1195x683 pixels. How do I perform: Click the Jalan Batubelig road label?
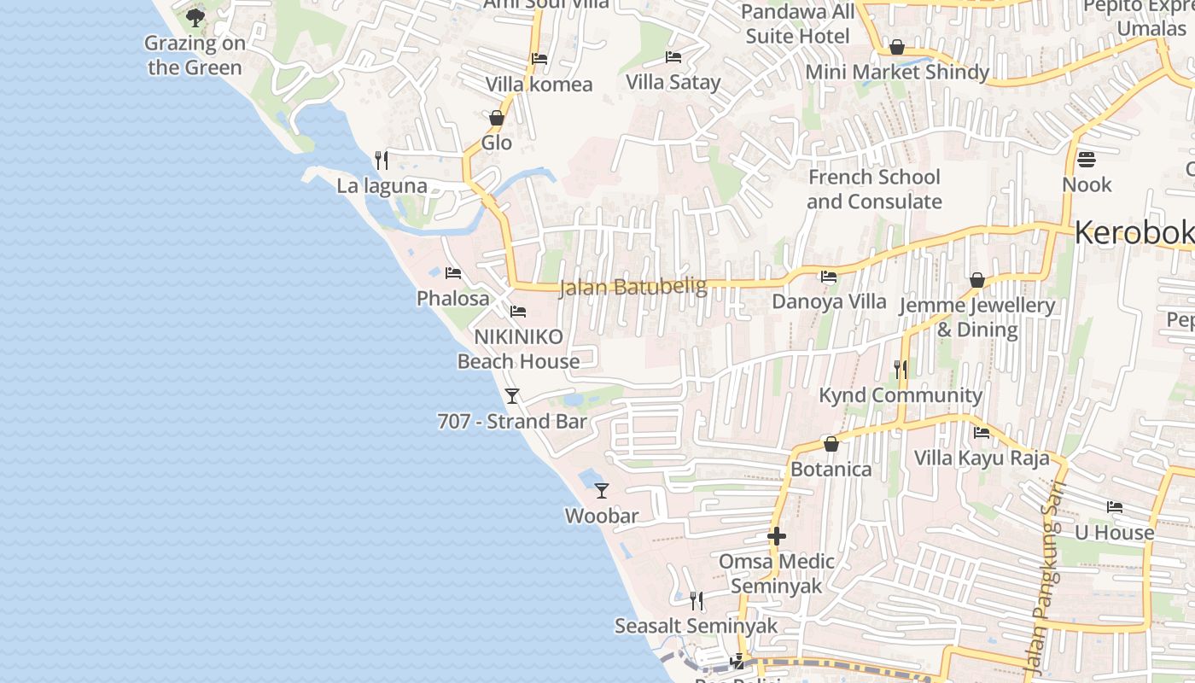click(633, 288)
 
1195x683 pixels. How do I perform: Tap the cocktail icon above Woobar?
click(602, 490)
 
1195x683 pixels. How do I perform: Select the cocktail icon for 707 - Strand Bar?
click(512, 395)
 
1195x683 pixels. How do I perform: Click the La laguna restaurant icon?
click(382, 160)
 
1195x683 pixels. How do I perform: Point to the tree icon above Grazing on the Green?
click(195, 17)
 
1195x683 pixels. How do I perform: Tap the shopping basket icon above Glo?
click(497, 117)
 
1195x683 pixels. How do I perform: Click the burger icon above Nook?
click(1087, 159)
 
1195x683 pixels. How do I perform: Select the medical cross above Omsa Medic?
click(777, 536)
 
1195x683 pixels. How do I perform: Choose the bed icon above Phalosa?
click(453, 273)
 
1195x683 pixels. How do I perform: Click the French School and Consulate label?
click(874, 190)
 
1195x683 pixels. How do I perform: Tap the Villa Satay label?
click(673, 82)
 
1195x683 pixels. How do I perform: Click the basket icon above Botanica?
click(831, 444)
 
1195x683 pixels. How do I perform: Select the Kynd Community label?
click(901, 395)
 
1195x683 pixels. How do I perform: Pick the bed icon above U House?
click(1115, 507)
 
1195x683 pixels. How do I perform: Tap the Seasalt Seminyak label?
click(697, 626)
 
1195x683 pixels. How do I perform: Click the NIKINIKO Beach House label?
click(518, 348)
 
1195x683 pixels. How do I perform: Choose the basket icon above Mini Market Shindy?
click(897, 47)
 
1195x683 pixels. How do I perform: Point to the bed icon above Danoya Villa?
click(829, 277)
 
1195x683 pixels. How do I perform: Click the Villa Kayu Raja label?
click(982, 458)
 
